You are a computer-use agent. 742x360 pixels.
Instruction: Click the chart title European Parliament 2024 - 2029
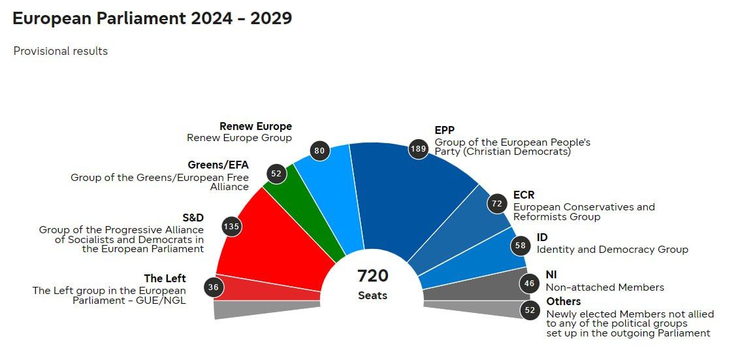[152, 18]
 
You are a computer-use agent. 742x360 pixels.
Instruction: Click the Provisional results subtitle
[61, 51]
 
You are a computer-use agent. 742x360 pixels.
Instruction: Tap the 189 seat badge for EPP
[418, 149]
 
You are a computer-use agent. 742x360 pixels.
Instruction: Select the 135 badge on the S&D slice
[232, 227]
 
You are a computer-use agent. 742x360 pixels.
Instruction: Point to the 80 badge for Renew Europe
[319, 151]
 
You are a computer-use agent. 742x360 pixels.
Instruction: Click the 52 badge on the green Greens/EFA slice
[276, 173]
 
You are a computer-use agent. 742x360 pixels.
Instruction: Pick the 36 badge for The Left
[214, 287]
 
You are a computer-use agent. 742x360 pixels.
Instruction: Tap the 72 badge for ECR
[497, 203]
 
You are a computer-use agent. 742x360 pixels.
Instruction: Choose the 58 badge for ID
[520, 246]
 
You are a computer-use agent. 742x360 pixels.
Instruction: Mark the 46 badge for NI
[529, 284]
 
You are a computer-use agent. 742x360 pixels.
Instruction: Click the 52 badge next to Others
[530, 310]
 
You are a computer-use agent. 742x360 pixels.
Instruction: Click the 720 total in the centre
[373, 276]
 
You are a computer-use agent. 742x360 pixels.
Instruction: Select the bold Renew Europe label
[255, 126]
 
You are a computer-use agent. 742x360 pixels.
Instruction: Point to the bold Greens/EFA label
[218, 165]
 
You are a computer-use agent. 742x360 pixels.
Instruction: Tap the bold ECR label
[524, 195]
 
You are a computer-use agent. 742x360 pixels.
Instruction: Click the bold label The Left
[165, 278]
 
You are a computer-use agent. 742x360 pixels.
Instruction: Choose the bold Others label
[563, 301]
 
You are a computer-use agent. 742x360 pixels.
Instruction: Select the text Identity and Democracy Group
[612, 249]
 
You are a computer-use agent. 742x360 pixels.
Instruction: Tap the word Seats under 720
[372, 295]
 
